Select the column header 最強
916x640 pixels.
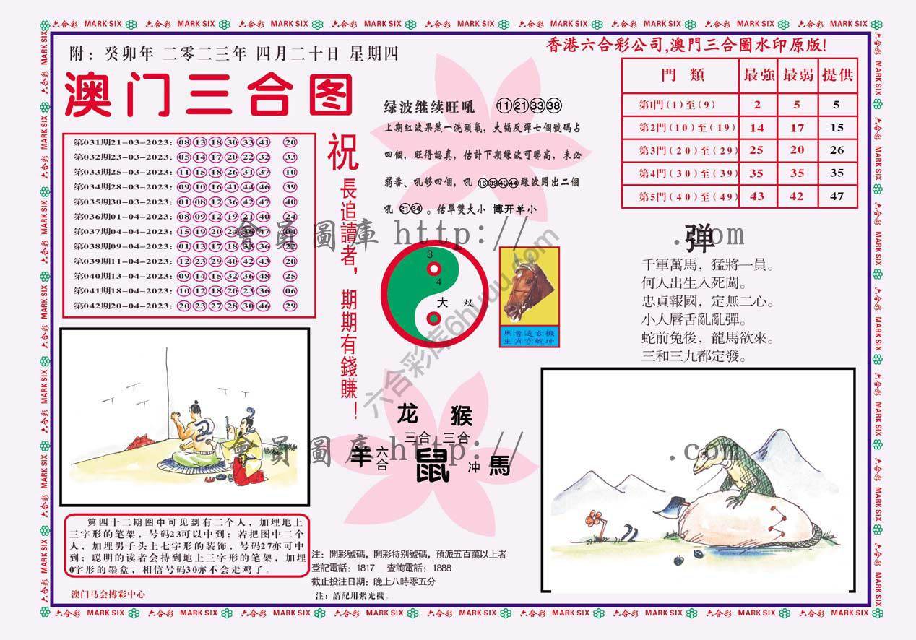click(x=757, y=75)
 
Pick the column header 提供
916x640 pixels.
click(x=837, y=75)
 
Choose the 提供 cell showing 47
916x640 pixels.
click(x=837, y=196)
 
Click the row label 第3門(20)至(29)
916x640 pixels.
click(x=677, y=151)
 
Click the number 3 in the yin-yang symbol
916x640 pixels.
click(x=430, y=255)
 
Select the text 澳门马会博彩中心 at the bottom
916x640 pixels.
click(x=108, y=594)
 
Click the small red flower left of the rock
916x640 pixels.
click(x=594, y=518)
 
